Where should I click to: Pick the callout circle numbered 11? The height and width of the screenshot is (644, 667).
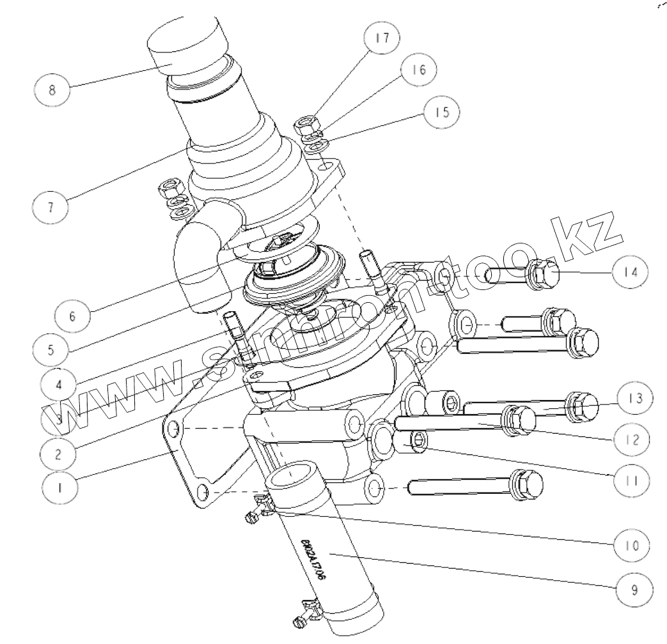(631, 479)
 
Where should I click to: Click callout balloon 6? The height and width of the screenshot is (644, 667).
(72, 315)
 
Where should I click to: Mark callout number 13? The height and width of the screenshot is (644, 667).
(633, 396)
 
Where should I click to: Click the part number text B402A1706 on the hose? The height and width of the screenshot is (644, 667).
(310, 559)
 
